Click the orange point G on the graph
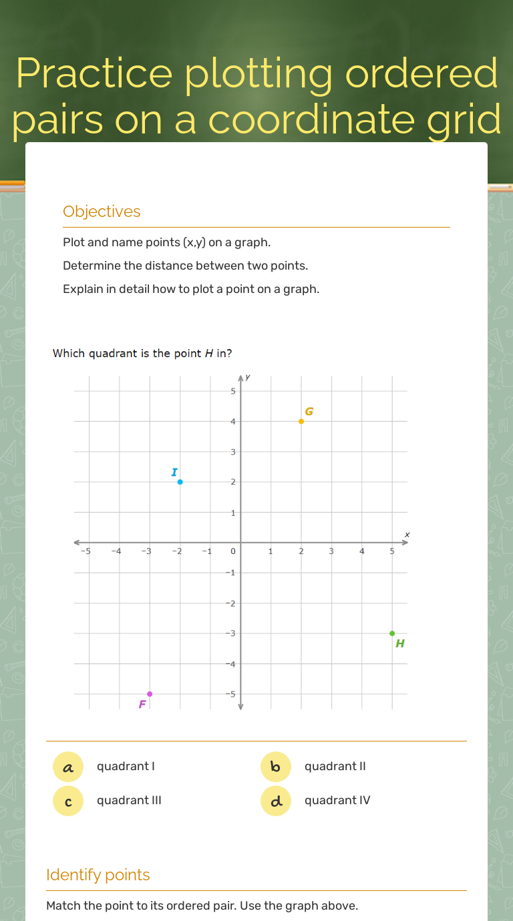(x=301, y=421)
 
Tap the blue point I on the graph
(x=180, y=482)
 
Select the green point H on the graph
(x=392, y=633)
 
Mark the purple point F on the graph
(x=150, y=694)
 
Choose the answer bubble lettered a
(x=68, y=767)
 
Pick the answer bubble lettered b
(x=276, y=767)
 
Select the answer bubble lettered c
(x=68, y=801)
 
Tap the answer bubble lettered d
(x=276, y=801)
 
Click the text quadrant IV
(x=337, y=801)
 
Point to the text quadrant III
(x=129, y=801)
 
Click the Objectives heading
(x=102, y=212)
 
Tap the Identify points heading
(x=98, y=875)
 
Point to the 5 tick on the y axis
(x=233, y=391)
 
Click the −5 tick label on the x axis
(x=85, y=551)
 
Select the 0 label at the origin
(x=233, y=551)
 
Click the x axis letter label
(x=406, y=535)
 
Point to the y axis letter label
(x=248, y=377)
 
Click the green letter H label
(x=400, y=644)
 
